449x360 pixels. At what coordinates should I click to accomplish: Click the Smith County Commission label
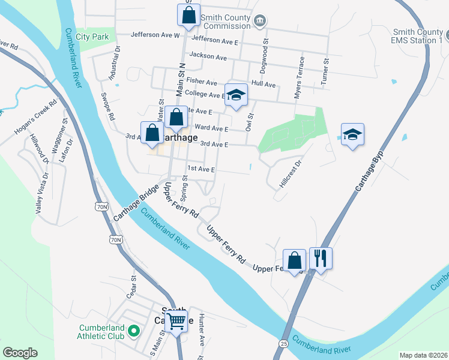pyautogui.click(x=226, y=22)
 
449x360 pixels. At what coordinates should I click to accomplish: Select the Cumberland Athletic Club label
pyautogui.click(x=101, y=332)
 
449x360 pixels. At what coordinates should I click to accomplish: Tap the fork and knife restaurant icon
pyautogui.click(x=321, y=259)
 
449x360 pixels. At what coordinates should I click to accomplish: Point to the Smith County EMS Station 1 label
pyautogui.click(x=418, y=36)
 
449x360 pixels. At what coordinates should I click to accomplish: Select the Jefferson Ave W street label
pyautogui.click(x=155, y=35)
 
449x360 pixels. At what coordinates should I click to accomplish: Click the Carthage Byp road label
pyautogui.click(x=369, y=169)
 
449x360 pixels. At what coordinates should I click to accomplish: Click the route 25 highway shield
pyautogui.click(x=283, y=343)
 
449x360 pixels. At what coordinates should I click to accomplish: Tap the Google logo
pyautogui.click(x=20, y=353)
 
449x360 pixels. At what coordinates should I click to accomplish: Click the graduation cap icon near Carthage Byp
pyautogui.click(x=352, y=134)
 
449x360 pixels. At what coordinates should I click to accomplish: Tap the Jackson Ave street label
pyautogui.click(x=208, y=56)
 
